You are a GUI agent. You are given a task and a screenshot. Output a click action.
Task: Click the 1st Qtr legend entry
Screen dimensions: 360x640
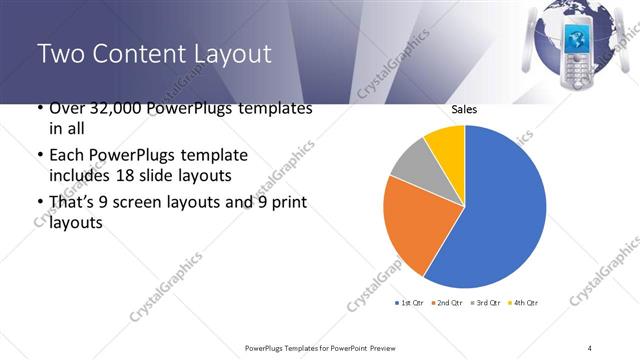(x=410, y=302)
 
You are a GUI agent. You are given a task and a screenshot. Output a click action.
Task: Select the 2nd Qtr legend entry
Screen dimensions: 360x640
(x=448, y=302)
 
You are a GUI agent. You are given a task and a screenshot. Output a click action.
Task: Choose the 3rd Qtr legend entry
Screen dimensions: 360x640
(x=486, y=302)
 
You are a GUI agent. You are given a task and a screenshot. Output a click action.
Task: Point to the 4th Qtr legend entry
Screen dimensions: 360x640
(x=524, y=302)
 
